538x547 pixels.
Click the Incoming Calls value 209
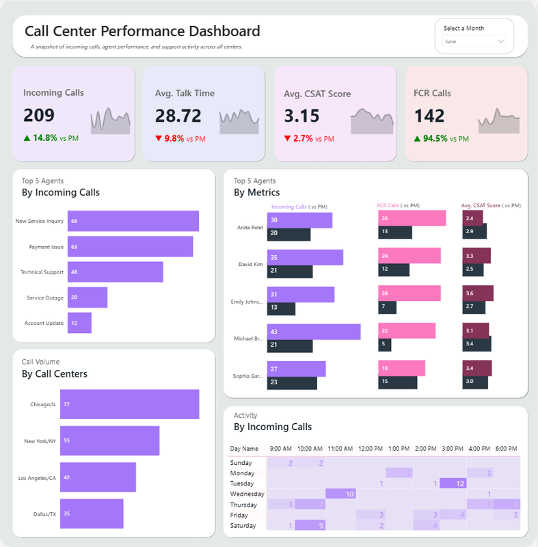pyautogui.click(x=39, y=115)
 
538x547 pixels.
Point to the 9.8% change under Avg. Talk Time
pyautogui.click(x=177, y=139)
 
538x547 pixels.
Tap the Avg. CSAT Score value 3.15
pyautogui.click(x=301, y=116)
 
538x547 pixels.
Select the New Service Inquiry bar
pyautogui.click(x=133, y=221)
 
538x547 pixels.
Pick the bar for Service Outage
pyautogui.click(x=87, y=297)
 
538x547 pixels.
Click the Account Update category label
pyautogui.click(x=44, y=323)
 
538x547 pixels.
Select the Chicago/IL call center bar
pyautogui.click(x=129, y=404)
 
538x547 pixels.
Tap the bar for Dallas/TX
pyautogui.click(x=92, y=513)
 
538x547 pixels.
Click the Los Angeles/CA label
pyautogui.click(x=37, y=477)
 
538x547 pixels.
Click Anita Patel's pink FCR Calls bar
pyautogui.click(x=412, y=218)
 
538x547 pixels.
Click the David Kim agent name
pyautogui.click(x=250, y=264)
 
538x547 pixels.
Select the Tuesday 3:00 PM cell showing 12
pyautogui.click(x=453, y=483)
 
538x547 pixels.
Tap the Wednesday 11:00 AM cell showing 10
pyautogui.click(x=339, y=494)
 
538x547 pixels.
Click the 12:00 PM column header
pyautogui.click(x=370, y=449)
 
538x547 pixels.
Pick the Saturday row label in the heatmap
pyautogui.click(x=243, y=525)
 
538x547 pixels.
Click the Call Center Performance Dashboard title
pyautogui.click(x=142, y=31)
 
